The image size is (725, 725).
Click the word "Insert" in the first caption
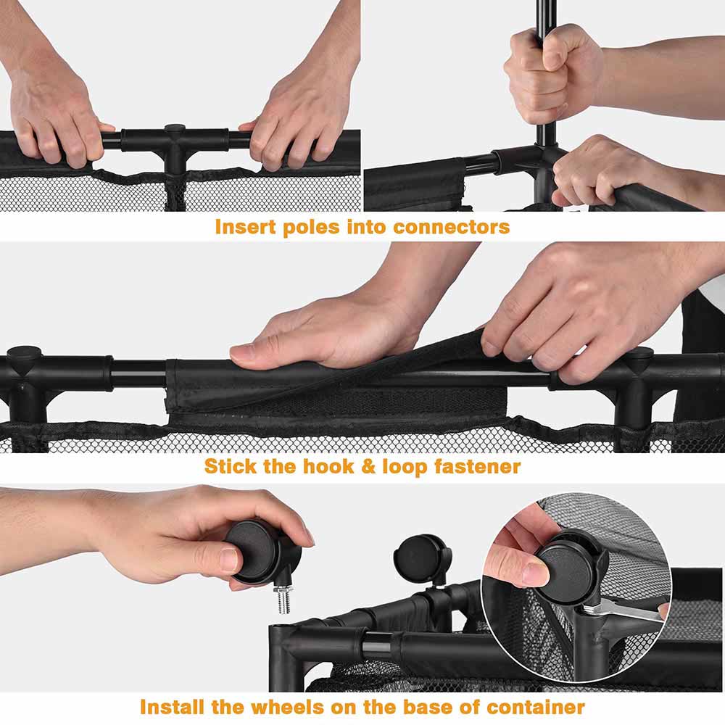(x=245, y=227)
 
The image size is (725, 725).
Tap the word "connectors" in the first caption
(x=451, y=227)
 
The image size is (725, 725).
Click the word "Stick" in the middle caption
(x=231, y=466)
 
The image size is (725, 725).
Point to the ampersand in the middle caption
(x=368, y=466)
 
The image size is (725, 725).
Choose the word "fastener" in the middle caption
(x=477, y=466)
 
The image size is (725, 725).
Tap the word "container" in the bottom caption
(x=536, y=708)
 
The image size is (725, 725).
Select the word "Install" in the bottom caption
(x=172, y=708)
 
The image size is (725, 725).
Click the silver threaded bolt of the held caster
(x=283, y=599)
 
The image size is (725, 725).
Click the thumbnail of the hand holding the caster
(x=228, y=560)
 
